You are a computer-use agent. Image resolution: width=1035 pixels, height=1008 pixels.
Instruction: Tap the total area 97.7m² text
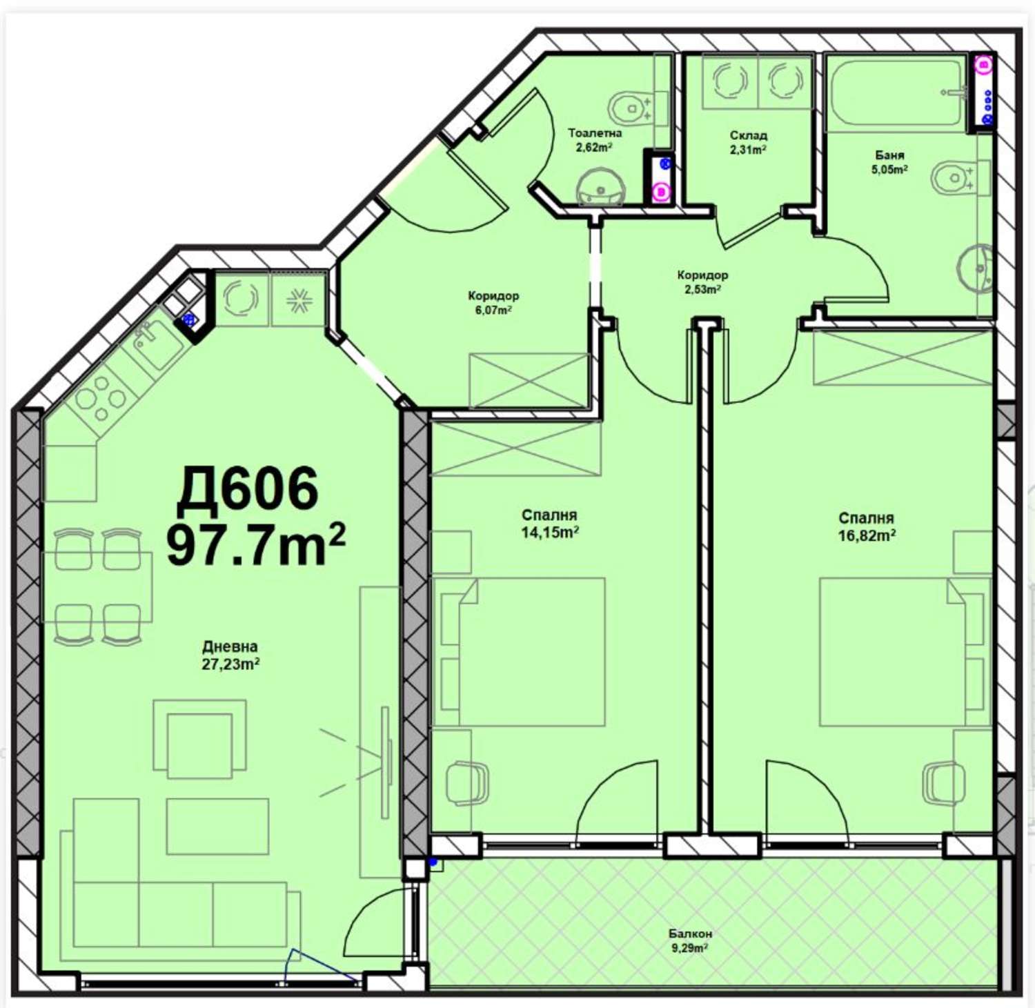pyautogui.click(x=256, y=544)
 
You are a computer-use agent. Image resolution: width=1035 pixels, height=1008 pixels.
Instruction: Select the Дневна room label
pyautogui.click(x=230, y=646)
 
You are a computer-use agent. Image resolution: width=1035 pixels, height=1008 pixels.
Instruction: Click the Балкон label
pyautogui.click(x=690, y=933)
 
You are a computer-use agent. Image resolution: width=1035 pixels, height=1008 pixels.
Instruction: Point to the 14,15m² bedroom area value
pyautogui.click(x=550, y=532)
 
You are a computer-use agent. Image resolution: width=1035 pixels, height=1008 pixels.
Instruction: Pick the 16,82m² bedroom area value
pyautogui.click(x=867, y=535)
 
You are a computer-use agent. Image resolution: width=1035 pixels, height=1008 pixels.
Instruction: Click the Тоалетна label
pyautogui.click(x=595, y=133)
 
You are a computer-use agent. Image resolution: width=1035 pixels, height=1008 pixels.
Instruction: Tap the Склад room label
pyautogui.click(x=749, y=135)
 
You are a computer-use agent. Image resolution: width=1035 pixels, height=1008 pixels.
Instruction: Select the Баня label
pyautogui.click(x=889, y=155)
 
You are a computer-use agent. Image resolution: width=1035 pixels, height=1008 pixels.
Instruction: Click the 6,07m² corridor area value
pyautogui.click(x=493, y=310)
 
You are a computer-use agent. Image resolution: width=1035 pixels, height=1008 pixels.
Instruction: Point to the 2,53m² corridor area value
pyautogui.click(x=702, y=289)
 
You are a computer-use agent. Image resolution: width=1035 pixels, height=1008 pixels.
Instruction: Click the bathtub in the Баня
pyautogui.click(x=897, y=92)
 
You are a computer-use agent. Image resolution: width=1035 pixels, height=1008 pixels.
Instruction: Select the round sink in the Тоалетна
pyautogui.click(x=600, y=187)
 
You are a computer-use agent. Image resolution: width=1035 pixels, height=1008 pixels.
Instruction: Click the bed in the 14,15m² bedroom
pyautogui.click(x=518, y=652)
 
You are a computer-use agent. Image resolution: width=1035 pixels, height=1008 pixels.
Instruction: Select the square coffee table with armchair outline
pyautogui.click(x=199, y=739)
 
